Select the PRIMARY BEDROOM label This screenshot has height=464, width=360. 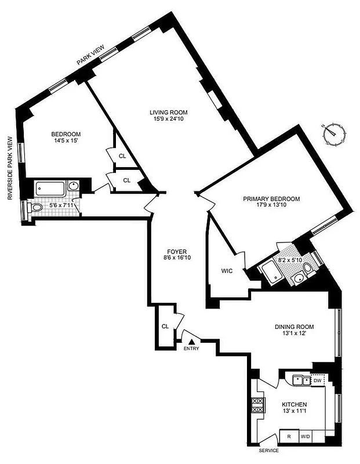coord(271,199)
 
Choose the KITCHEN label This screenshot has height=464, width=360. coord(294,404)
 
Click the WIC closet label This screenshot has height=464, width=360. coord(227,271)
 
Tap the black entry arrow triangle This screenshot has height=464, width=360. coord(191,341)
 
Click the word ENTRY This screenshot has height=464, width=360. coord(191,349)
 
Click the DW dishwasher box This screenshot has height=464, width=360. coord(317,380)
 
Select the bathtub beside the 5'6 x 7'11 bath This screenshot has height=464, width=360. coord(49,187)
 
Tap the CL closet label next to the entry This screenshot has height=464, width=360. coord(165,327)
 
